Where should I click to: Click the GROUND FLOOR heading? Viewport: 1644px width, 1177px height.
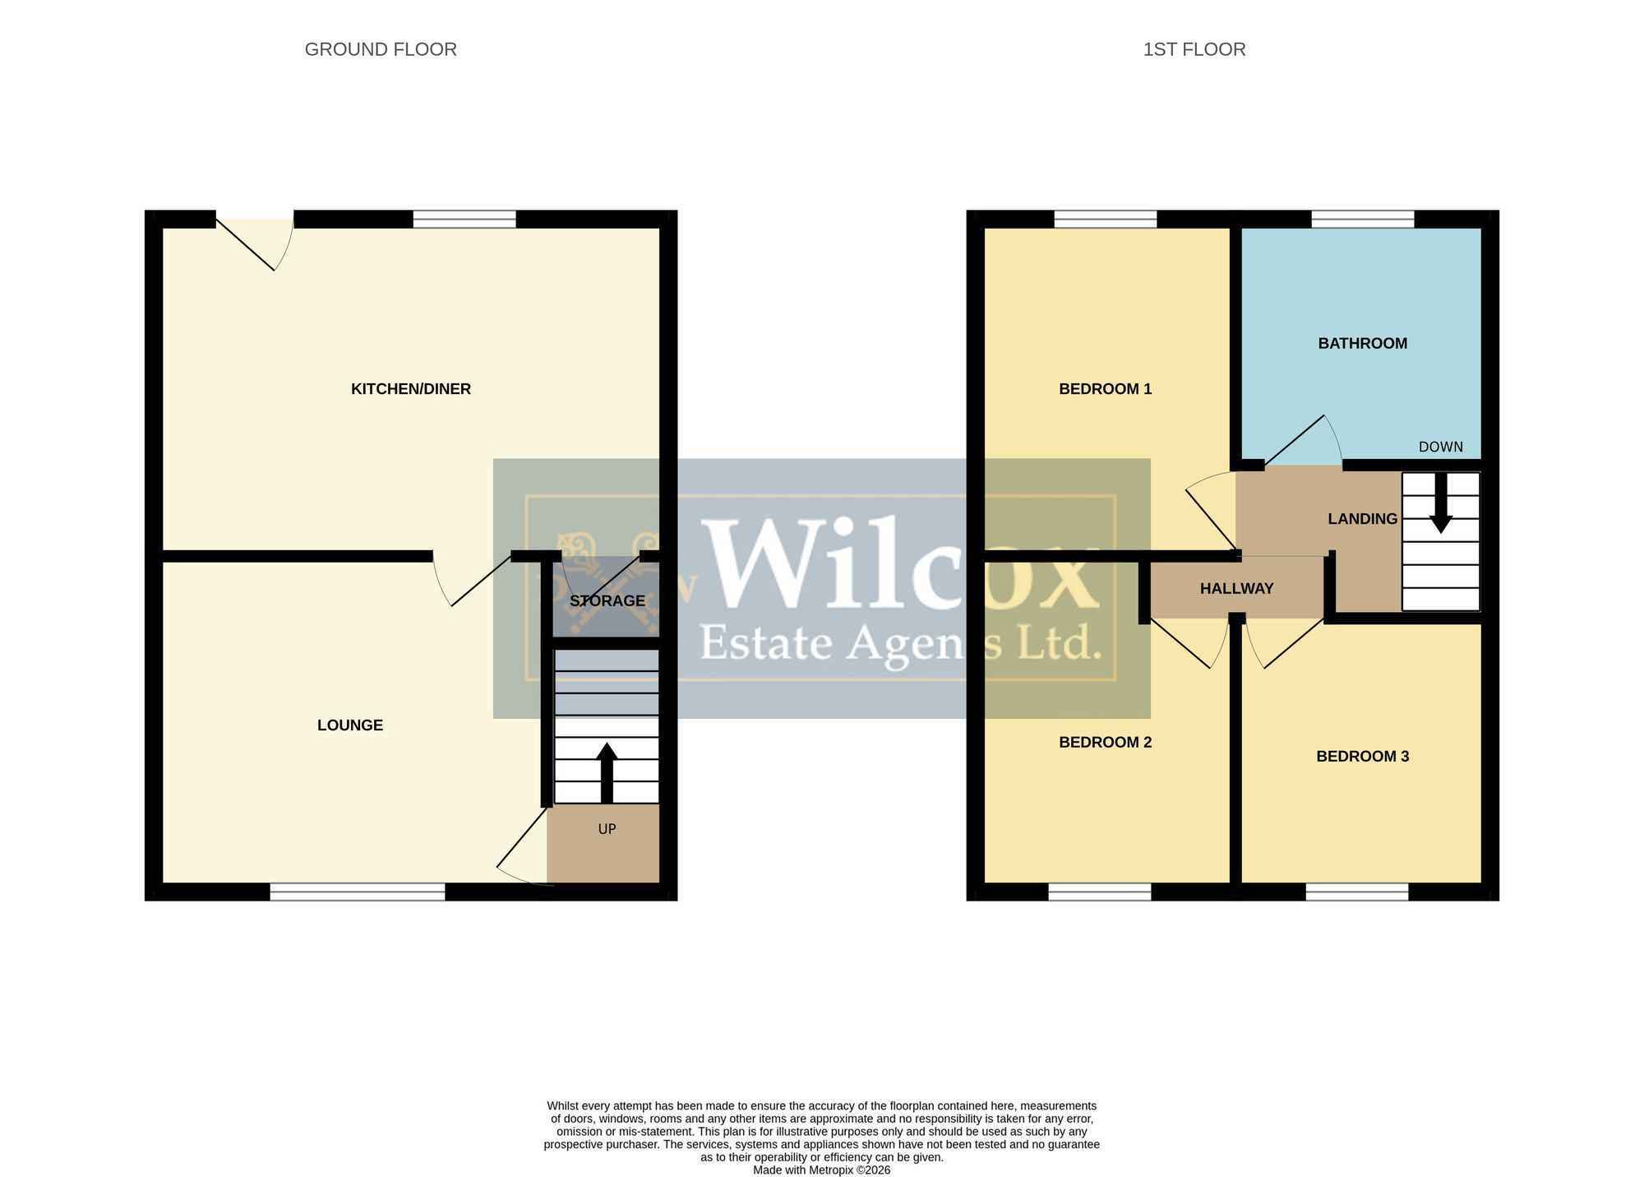click(381, 49)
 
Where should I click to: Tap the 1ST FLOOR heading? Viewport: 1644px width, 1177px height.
click(1194, 49)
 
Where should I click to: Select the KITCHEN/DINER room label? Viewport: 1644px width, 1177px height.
click(411, 389)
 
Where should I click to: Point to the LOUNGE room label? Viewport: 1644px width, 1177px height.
click(350, 725)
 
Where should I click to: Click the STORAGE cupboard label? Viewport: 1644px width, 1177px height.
click(607, 601)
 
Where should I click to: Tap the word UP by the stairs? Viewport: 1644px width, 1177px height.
click(607, 829)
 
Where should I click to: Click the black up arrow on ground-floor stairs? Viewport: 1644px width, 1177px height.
click(607, 773)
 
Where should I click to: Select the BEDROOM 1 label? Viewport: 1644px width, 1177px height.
click(1106, 389)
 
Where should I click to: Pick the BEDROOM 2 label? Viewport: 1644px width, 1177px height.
click(1106, 743)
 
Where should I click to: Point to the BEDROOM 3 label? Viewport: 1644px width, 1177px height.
click(1363, 757)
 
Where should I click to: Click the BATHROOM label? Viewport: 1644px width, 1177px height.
click(1363, 344)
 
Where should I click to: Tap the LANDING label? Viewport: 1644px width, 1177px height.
click(1363, 519)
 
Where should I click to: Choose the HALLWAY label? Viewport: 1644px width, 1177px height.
click(1237, 589)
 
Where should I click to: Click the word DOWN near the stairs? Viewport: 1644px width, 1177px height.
click(1441, 447)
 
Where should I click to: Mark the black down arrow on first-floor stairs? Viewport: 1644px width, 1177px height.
click(1440, 503)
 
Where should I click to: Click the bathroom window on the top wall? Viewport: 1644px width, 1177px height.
click(1363, 219)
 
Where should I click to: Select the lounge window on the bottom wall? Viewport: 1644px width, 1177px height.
click(358, 892)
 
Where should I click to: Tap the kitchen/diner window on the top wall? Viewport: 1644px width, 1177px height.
click(464, 219)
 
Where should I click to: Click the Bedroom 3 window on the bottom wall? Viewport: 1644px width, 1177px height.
click(1357, 892)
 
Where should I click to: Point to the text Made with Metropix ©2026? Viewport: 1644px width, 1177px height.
click(822, 1170)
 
